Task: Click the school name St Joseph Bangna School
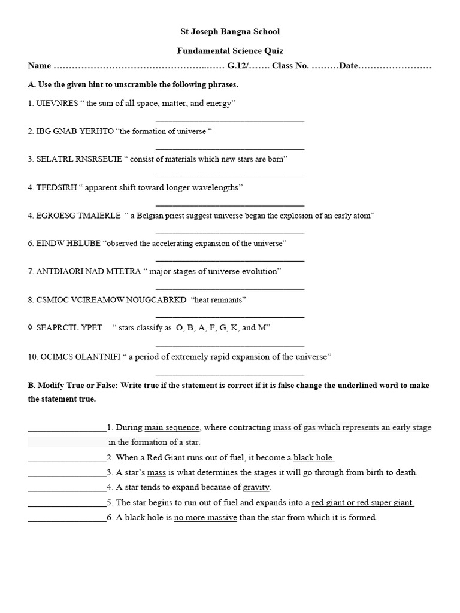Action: (230, 31)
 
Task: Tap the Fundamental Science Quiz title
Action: (230, 51)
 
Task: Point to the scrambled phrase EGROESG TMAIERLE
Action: (78, 216)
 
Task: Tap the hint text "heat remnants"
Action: (219, 299)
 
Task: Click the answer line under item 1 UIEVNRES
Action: (230, 120)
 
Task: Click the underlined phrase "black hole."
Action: (314, 457)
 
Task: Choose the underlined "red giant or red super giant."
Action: (362, 502)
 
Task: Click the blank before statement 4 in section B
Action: (67, 487)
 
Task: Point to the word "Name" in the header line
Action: (40, 66)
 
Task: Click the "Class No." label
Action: (290, 66)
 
